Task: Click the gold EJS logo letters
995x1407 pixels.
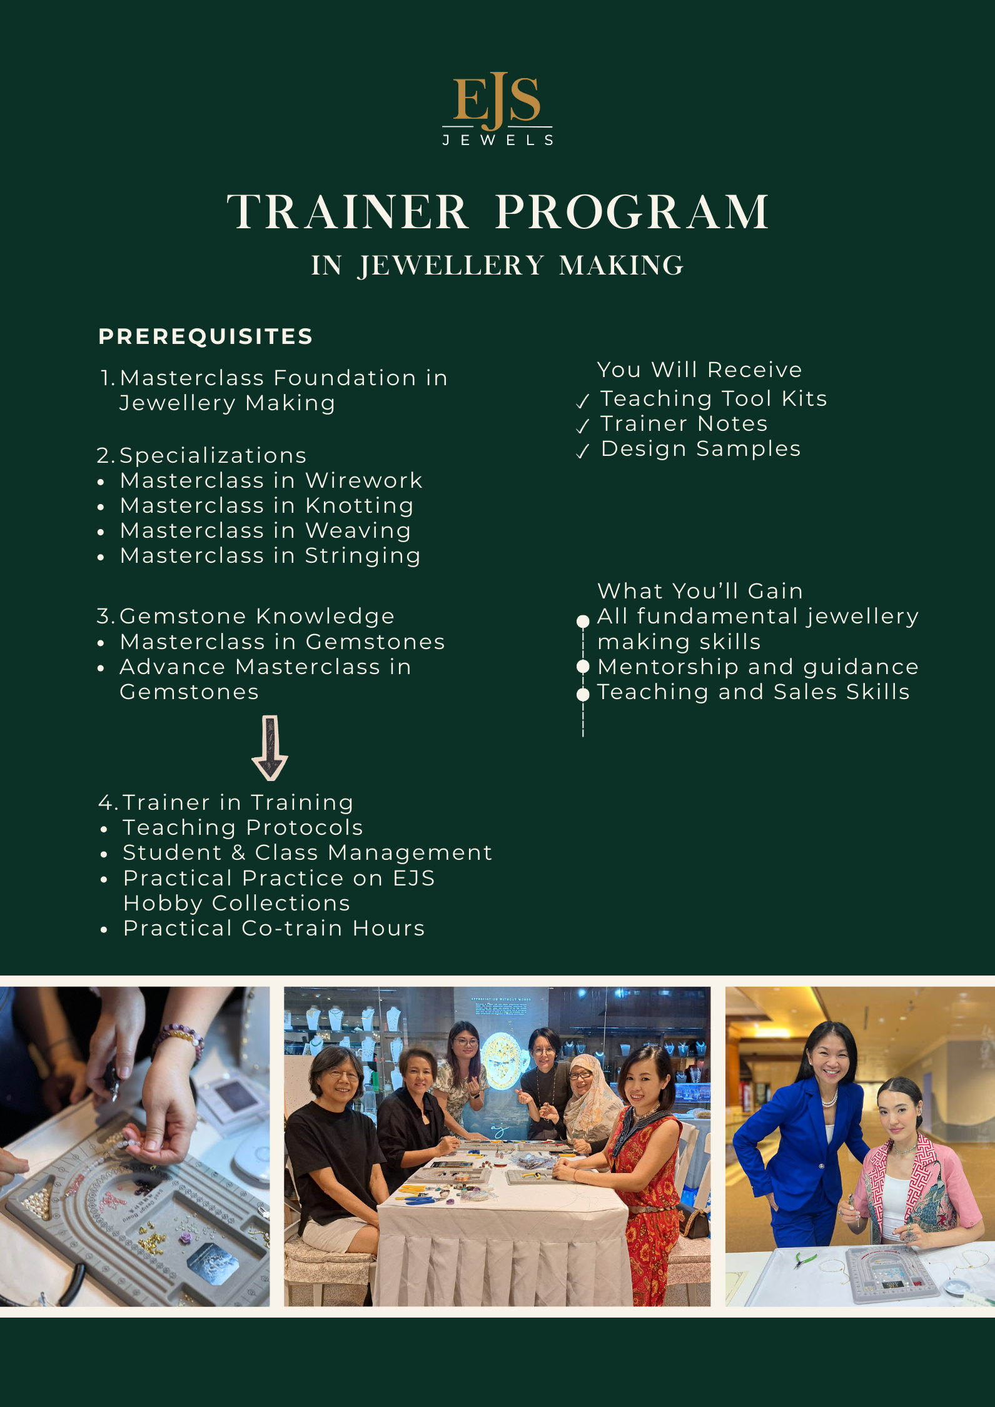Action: [497, 100]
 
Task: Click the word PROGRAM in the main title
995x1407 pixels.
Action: [632, 212]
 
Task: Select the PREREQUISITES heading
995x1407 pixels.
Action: [206, 336]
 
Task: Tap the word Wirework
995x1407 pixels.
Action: [363, 480]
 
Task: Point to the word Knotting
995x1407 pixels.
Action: [360, 506]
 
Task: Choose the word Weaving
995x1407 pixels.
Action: [358, 531]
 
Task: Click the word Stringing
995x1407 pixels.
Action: [363, 556]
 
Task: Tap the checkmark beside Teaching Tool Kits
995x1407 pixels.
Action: [583, 401]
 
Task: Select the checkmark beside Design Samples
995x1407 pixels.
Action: [583, 451]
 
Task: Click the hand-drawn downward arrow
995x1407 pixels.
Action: [270, 747]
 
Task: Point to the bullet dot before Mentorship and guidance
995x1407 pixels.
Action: [583, 667]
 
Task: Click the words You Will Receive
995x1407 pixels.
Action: [699, 370]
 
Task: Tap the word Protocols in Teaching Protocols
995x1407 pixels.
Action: [305, 827]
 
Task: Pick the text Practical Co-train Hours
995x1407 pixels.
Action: [274, 928]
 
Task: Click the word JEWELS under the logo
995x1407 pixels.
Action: [498, 140]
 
